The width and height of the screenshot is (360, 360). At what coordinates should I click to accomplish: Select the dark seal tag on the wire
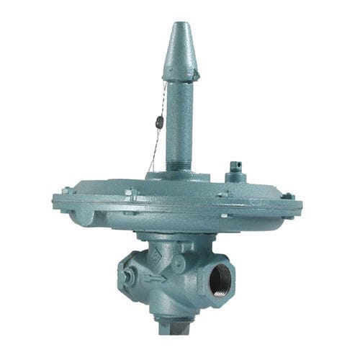[x=159, y=123]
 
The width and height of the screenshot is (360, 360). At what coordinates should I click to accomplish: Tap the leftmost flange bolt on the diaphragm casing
[x=66, y=192]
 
